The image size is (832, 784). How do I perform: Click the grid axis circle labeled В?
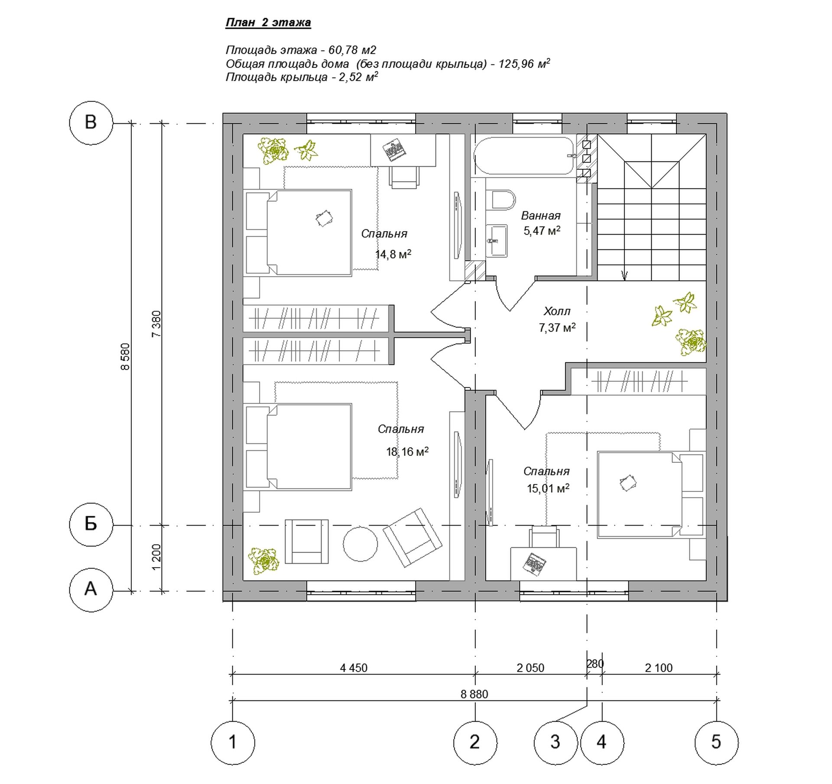pos(91,123)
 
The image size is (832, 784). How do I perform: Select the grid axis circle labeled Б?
pos(91,524)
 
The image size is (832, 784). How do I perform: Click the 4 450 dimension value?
pos(354,668)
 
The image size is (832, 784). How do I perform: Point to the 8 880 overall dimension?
pos(474,694)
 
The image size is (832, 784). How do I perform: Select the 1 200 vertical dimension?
pos(156,557)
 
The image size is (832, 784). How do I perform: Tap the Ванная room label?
pos(541,216)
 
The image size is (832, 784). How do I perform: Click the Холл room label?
pos(557,311)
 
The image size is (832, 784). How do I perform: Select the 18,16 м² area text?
pos(407,452)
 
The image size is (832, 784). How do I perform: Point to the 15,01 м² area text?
pos(548,488)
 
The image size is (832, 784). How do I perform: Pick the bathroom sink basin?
pos(497,241)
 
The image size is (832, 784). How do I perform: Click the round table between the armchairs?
pos(360,544)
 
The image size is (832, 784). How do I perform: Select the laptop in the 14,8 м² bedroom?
pos(394,150)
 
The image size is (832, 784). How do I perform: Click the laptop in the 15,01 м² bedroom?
pos(534,564)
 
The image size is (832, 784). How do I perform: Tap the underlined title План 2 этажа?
pos(268,23)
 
